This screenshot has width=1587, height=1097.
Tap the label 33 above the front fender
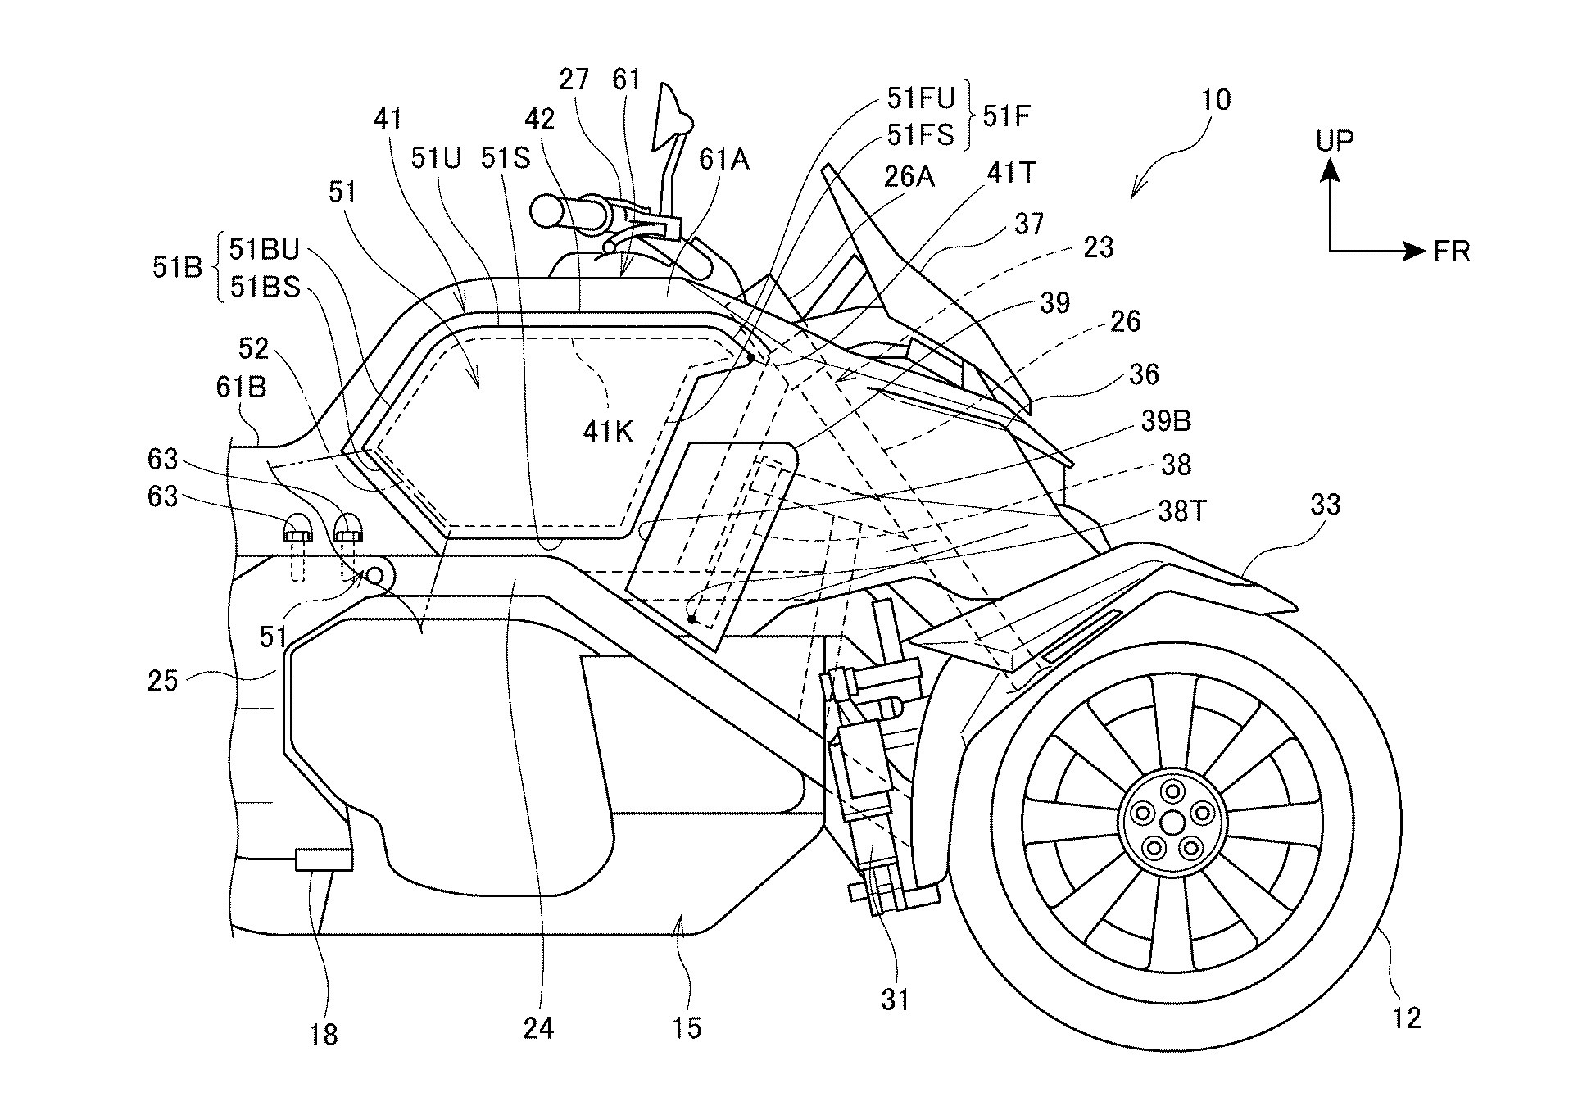[1325, 505]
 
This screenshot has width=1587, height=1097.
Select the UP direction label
[1335, 142]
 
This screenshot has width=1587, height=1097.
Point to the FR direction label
[1452, 252]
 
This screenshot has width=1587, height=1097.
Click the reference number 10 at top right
[1215, 100]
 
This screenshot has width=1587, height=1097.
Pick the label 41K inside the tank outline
[608, 432]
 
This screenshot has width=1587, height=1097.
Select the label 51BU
[265, 249]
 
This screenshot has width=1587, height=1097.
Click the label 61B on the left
[241, 387]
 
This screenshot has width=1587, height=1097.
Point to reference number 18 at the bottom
[324, 1035]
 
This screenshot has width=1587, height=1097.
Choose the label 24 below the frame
[538, 1027]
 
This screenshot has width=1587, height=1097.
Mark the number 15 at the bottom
[687, 1027]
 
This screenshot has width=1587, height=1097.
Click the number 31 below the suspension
[895, 1000]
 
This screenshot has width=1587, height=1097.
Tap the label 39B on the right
[1165, 421]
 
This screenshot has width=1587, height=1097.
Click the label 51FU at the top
[921, 99]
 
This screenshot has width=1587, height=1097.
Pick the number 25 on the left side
[162, 680]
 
